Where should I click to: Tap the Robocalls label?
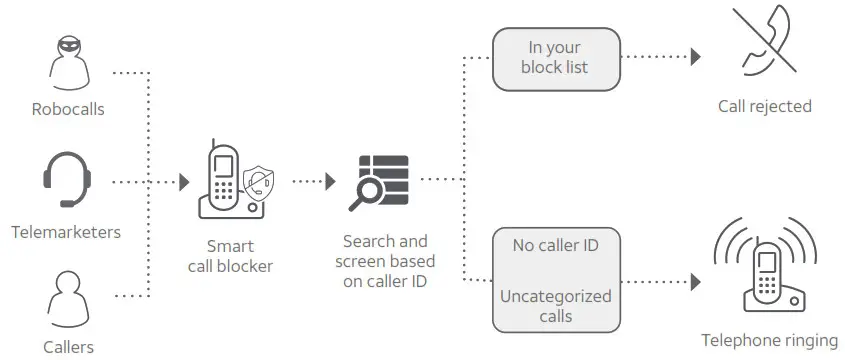67,108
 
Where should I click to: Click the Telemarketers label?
66,232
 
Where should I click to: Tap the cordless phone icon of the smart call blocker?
224,181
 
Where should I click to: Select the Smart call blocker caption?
231,256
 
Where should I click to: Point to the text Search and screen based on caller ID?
385,262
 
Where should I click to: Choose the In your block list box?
556,57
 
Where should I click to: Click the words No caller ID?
556,245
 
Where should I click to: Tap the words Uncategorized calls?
556,306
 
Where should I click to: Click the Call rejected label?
765,106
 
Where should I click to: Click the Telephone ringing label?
769,340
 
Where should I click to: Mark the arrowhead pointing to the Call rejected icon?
696,57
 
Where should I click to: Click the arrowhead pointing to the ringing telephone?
696,282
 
